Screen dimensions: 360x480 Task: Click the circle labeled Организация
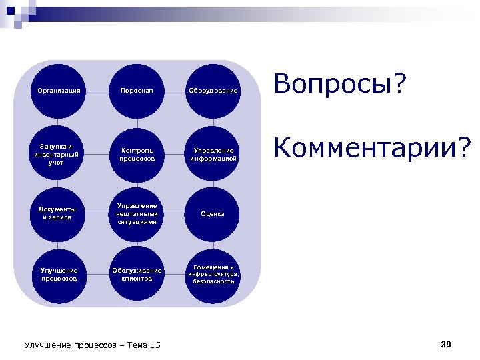click(59, 90)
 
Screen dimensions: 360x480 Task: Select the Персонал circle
click(137, 90)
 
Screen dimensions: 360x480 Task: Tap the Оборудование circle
click(212, 90)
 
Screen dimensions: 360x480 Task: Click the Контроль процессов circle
click(137, 154)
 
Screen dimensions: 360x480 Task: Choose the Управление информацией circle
click(212, 154)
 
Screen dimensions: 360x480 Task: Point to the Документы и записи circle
click(59, 214)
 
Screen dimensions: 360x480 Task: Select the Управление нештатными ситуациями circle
click(137, 214)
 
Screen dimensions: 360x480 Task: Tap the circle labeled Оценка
click(212, 214)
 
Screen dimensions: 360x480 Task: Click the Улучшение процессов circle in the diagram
click(59, 274)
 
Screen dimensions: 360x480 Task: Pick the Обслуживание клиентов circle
click(137, 274)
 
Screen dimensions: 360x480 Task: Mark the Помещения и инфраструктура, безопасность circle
click(212, 274)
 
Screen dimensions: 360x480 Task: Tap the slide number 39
click(446, 344)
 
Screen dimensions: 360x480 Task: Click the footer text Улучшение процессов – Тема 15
click(93, 345)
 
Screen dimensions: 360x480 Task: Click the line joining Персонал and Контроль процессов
click(137, 122)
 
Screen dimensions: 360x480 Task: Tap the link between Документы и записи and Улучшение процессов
click(59, 244)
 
